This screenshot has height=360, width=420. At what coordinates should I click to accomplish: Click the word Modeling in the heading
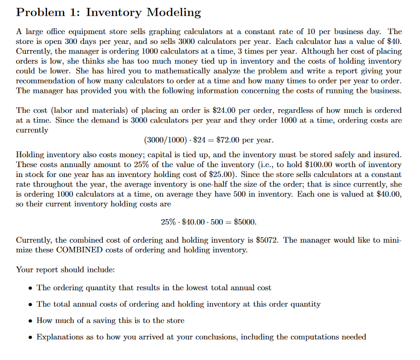[171, 12]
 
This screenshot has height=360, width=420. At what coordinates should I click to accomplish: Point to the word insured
[388, 155]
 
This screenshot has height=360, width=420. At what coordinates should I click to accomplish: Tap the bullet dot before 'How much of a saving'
[32, 321]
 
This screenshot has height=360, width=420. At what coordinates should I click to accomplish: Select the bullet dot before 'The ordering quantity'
[32, 288]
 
